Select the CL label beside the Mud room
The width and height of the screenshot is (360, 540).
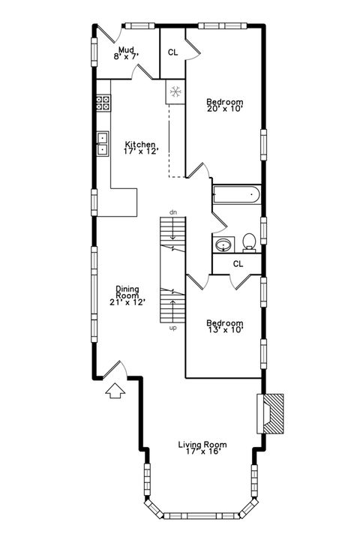pyautogui.click(x=172, y=52)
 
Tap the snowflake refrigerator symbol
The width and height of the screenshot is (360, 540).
pyautogui.click(x=175, y=92)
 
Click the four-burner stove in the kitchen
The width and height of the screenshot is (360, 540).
pyautogui.click(x=103, y=103)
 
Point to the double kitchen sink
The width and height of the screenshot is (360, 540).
pyautogui.click(x=102, y=144)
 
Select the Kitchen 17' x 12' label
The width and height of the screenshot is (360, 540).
pyautogui.click(x=140, y=147)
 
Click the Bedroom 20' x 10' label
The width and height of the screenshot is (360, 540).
pyautogui.click(x=225, y=104)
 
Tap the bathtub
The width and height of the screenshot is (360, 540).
pyautogui.click(x=236, y=196)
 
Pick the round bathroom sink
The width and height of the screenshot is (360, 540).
pyautogui.click(x=223, y=244)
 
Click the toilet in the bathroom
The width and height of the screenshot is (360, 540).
pyautogui.click(x=250, y=241)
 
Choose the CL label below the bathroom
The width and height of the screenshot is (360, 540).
pyautogui.click(x=238, y=263)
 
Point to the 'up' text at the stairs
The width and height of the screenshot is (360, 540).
pyautogui.click(x=172, y=327)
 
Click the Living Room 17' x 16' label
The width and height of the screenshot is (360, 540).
pyautogui.click(x=202, y=448)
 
